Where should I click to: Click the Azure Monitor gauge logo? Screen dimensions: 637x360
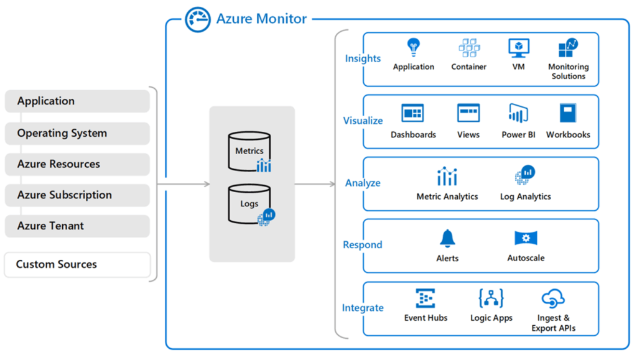(x=198, y=19)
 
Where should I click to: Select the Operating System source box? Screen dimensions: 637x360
(x=77, y=133)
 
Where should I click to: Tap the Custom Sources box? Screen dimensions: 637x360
(x=77, y=265)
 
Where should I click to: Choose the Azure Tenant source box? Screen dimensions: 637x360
(x=77, y=226)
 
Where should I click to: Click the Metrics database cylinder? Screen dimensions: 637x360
(x=249, y=151)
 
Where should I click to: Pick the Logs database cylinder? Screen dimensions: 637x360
(x=249, y=204)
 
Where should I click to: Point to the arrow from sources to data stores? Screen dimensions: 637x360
(x=184, y=184)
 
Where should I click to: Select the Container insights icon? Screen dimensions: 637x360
(x=469, y=47)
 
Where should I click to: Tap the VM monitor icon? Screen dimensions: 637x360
(x=519, y=48)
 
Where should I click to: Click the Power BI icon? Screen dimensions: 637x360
(x=518, y=113)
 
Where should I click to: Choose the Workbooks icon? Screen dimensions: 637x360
(x=568, y=113)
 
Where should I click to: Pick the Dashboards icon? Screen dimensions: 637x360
(x=413, y=113)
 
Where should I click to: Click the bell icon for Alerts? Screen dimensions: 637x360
(x=447, y=238)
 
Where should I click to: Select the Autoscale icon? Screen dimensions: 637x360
(x=526, y=238)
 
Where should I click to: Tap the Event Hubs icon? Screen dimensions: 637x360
(x=425, y=298)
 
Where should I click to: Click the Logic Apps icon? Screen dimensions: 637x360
(x=491, y=298)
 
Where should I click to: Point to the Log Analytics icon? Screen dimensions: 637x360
(x=525, y=175)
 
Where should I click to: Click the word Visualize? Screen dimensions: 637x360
(x=363, y=121)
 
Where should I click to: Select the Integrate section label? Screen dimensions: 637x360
(x=363, y=308)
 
